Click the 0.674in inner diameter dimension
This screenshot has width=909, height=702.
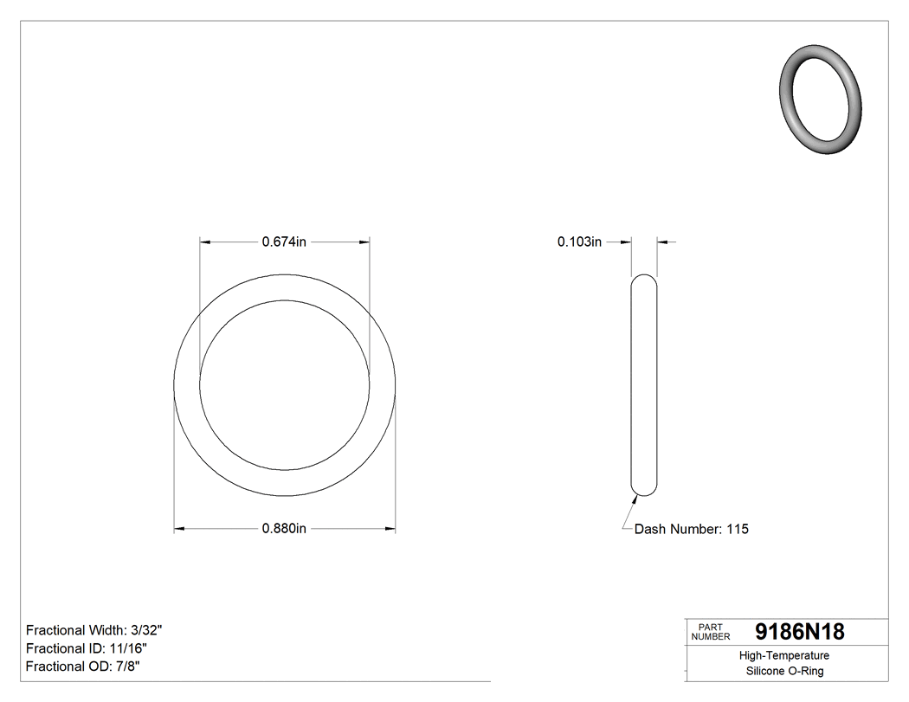[284, 242]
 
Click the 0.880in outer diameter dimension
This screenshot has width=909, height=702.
[284, 529]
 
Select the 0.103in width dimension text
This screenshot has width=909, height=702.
[579, 242]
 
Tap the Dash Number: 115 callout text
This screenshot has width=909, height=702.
[691, 529]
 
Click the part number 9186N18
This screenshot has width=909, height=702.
[799, 632]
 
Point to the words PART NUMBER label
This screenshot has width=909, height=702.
[711, 632]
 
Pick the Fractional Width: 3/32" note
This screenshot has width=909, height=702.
[94, 630]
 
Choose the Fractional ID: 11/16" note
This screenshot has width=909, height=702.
[87, 648]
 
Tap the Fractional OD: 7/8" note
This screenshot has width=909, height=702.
[83, 667]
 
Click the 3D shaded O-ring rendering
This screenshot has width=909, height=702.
[821, 98]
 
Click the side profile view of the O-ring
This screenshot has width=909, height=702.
[643, 385]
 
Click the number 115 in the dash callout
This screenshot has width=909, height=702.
[738, 529]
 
